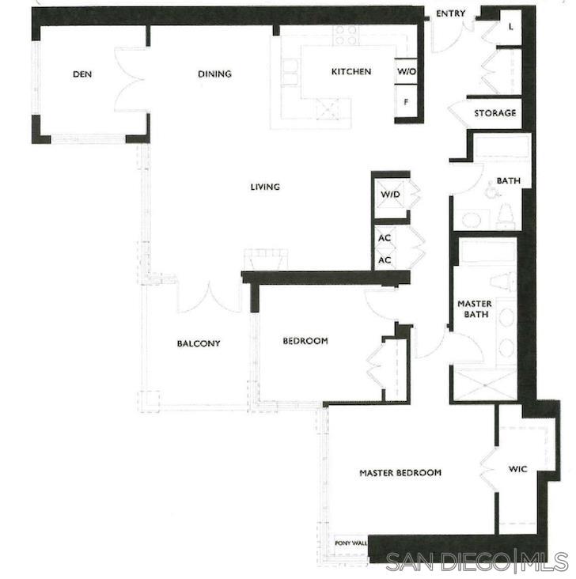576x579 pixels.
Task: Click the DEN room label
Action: coord(82,74)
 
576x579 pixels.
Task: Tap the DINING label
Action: coord(214,74)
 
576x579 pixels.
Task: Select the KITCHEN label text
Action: coord(351,72)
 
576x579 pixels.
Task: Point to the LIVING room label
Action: coord(265,187)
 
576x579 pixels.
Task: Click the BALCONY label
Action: coord(198,343)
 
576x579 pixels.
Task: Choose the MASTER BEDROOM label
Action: coord(400,473)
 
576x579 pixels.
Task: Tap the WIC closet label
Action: coord(517,469)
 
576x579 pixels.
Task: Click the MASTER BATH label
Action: coord(475,309)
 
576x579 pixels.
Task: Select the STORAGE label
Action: coord(495,113)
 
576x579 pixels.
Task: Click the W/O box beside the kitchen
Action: coord(406,72)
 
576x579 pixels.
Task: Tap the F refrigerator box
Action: coord(406,102)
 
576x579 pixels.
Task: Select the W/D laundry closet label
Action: coord(389,195)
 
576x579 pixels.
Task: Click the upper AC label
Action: coord(385,237)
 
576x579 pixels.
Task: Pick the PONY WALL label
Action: coord(351,543)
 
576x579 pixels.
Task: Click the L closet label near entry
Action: coord(510,27)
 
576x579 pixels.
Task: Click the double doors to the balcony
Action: coord(209,296)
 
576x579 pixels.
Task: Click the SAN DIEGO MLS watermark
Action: coord(477,562)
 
